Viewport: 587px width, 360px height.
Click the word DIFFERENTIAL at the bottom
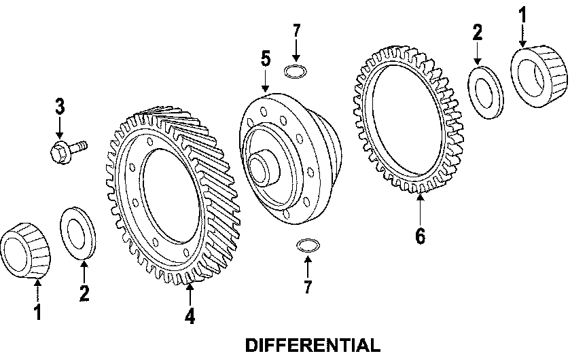(x=313, y=346)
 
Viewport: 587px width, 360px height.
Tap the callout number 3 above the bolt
(x=60, y=106)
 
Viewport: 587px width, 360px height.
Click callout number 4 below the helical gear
(x=190, y=316)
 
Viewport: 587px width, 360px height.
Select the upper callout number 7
(x=296, y=31)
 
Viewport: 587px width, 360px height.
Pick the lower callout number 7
(x=308, y=287)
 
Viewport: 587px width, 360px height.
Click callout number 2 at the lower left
(x=84, y=293)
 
